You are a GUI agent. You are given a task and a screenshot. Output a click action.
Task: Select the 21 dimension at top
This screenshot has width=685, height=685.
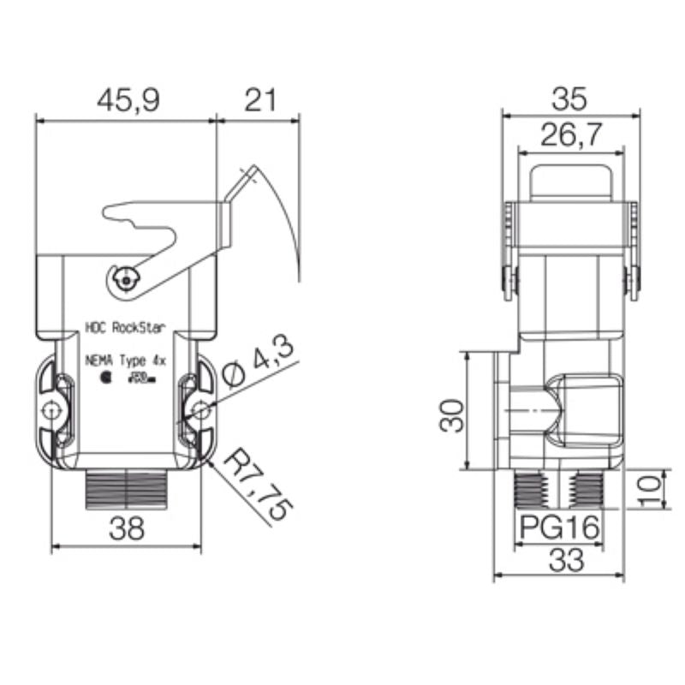coord(259,100)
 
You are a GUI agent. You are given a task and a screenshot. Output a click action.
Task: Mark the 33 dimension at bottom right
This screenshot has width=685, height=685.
coord(565,560)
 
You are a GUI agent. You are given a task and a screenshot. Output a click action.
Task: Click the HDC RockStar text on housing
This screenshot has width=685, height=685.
coord(129,326)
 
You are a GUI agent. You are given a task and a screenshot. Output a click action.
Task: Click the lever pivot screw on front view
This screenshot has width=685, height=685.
coord(126,277)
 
